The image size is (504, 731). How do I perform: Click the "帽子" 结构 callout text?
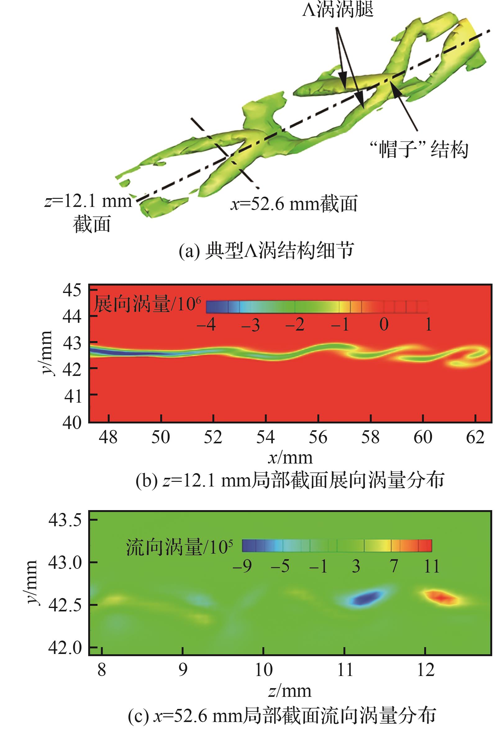419,149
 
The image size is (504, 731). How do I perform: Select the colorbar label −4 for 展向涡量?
206,325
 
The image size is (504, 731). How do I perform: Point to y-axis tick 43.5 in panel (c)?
65,520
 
